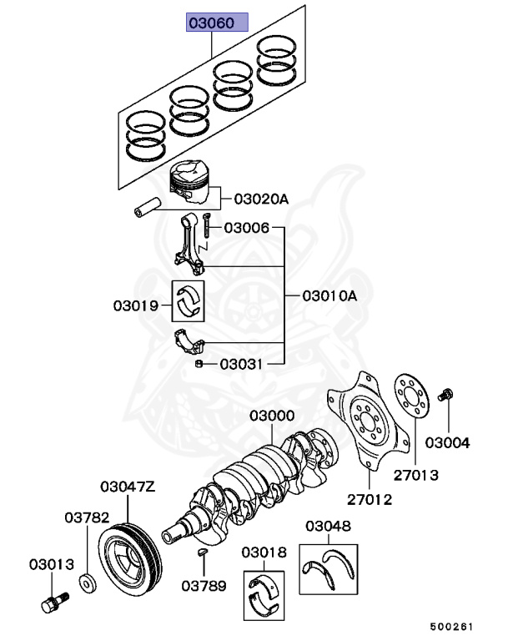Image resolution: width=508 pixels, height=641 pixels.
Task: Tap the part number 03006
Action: tap(247, 227)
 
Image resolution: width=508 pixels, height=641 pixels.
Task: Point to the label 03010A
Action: tap(329, 295)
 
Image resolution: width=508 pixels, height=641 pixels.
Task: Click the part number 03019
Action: tap(136, 305)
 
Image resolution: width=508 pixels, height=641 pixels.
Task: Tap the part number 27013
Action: tap(416, 475)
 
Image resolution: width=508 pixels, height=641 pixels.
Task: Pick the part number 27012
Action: tap(369, 499)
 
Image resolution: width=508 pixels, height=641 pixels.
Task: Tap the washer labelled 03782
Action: tap(86, 581)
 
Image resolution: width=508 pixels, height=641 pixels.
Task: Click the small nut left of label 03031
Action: tap(199, 364)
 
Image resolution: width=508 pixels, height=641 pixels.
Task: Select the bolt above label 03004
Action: tap(447, 393)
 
